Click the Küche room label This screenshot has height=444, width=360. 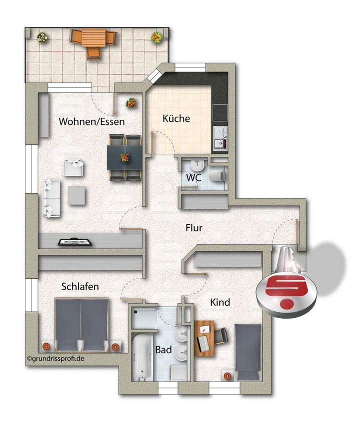[176, 119]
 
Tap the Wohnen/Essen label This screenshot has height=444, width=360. [91, 121]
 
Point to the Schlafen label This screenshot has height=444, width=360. [80, 287]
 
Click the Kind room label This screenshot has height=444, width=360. [220, 302]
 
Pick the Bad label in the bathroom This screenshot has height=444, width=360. [163, 350]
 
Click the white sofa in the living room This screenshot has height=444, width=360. [51, 199]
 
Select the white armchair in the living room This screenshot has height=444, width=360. [73, 167]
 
